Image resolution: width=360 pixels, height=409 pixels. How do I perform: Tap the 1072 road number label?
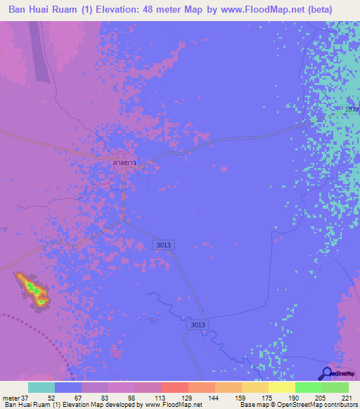(352, 110)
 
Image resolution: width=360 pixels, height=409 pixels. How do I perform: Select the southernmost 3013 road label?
(198, 325)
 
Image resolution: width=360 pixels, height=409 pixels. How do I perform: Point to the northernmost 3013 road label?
(162, 245)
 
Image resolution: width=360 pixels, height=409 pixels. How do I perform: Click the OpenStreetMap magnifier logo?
(326, 373)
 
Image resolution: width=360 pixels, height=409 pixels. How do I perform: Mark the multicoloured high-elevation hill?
(33, 290)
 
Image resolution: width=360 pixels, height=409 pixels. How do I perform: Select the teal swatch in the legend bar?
(41, 387)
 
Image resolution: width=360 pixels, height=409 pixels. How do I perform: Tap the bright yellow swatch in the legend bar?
(281, 387)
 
